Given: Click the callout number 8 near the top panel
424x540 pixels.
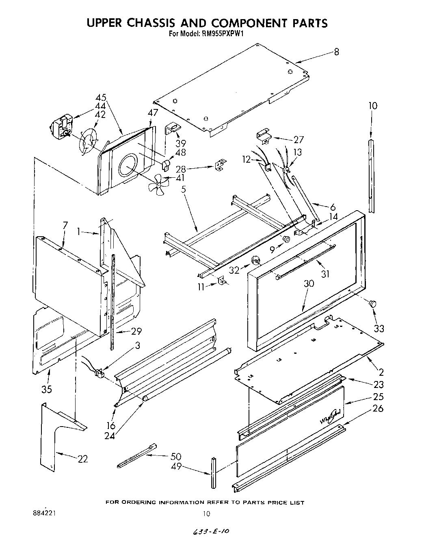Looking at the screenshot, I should (336, 52).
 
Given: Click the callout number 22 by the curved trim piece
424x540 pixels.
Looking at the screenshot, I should (82, 459).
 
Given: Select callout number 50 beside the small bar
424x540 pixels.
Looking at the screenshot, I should (176, 457).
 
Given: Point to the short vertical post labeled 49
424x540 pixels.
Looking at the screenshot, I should (214, 473).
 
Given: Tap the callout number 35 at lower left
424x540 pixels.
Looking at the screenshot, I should (47, 389).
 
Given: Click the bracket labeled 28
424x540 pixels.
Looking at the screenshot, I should (220, 164).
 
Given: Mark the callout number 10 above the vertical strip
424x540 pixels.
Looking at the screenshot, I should (372, 106).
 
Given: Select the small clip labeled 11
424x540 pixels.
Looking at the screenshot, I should (222, 281).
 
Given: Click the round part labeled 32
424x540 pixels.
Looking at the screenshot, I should (255, 260).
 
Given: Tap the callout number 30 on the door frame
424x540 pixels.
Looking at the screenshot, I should (309, 283).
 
